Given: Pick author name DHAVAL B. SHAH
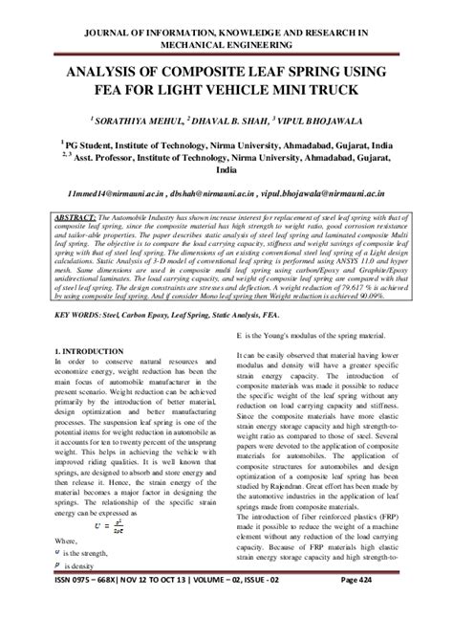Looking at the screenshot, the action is [x=230, y=120].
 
